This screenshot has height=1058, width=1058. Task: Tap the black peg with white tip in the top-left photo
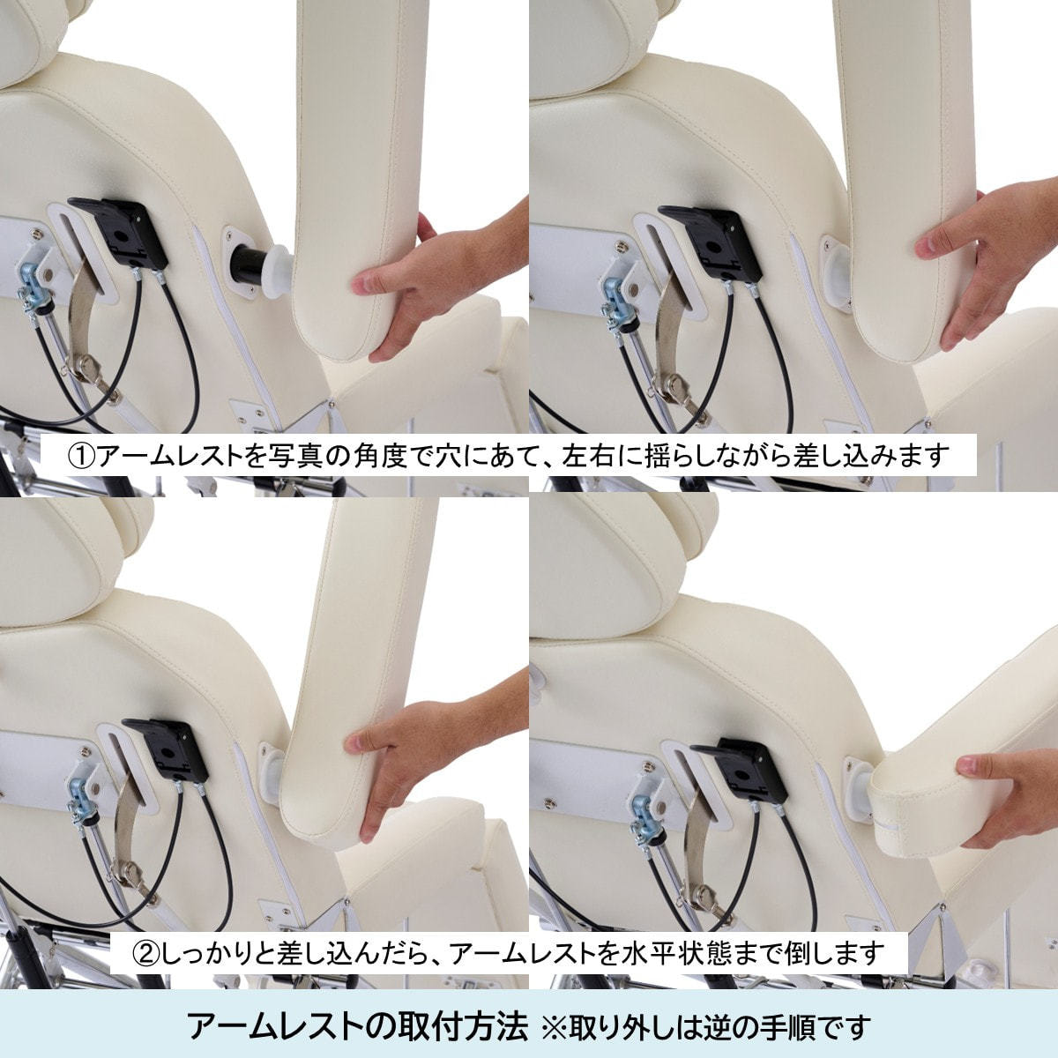point(261,271)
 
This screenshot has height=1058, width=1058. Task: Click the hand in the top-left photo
point(434,285)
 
